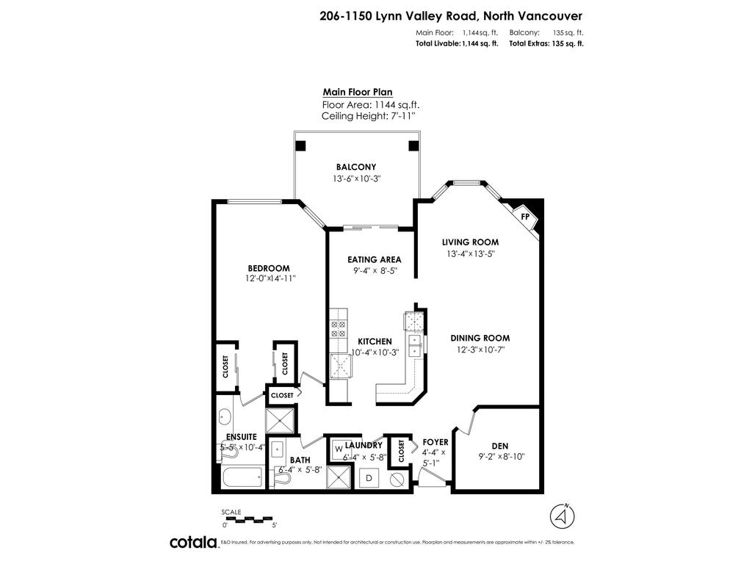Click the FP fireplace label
pyautogui.click(x=525, y=217)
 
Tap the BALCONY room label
pyautogui.click(x=356, y=167)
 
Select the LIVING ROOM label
pyautogui.click(x=470, y=242)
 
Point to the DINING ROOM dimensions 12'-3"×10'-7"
pyautogui.click(x=480, y=350)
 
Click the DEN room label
pyautogui.click(x=500, y=445)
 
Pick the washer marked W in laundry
pyautogui.click(x=339, y=448)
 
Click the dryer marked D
pyautogui.click(x=369, y=479)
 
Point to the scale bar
pyautogui.click(x=249, y=518)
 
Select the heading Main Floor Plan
pyautogui.click(x=358, y=93)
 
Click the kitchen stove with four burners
pyautogui.click(x=338, y=328)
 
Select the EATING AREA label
pyautogui.click(x=374, y=259)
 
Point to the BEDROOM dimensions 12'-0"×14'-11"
pyautogui.click(x=270, y=279)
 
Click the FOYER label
pyautogui.click(x=435, y=442)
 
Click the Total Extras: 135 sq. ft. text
pyautogui.click(x=546, y=44)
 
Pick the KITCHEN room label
pyautogui.click(x=375, y=341)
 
